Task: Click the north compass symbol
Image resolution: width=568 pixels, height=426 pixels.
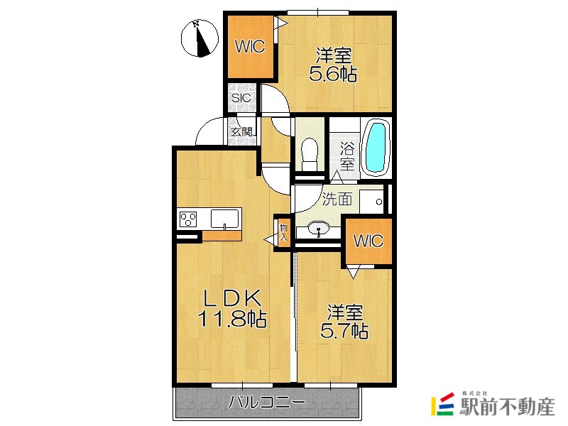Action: (x=200, y=38)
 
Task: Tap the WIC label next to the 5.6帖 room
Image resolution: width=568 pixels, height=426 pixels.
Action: (x=250, y=47)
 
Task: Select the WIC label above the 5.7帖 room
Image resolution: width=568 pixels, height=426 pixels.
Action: (x=368, y=241)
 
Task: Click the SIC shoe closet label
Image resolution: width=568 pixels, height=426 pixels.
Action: (x=241, y=98)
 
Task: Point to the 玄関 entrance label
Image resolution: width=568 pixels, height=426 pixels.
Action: (x=241, y=132)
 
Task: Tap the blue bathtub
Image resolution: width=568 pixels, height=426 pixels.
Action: (x=376, y=148)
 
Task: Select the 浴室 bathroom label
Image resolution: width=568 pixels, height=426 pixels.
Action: (x=347, y=155)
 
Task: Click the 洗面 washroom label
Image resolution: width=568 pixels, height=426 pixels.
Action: (x=337, y=199)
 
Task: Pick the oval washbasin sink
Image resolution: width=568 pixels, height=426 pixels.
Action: (x=318, y=229)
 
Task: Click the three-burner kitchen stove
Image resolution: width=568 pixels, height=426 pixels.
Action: (x=188, y=219)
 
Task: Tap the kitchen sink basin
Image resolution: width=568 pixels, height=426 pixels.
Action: (x=224, y=219)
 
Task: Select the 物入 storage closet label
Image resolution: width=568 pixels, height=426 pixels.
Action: (x=283, y=233)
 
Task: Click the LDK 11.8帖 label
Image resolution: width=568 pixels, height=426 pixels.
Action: (x=232, y=309)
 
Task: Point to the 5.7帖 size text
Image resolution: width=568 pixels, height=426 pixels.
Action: (x=344, y=331)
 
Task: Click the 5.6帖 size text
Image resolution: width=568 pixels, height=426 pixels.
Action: (x=333, y=75)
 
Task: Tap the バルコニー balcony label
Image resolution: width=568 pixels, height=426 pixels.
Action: (x=267, y=403)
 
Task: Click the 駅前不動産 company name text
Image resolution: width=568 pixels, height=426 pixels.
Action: (x=507, y=406)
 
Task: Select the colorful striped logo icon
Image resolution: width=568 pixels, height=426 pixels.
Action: (x=442, y=404)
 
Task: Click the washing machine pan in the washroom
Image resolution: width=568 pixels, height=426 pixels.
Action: (x=372, y=201)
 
